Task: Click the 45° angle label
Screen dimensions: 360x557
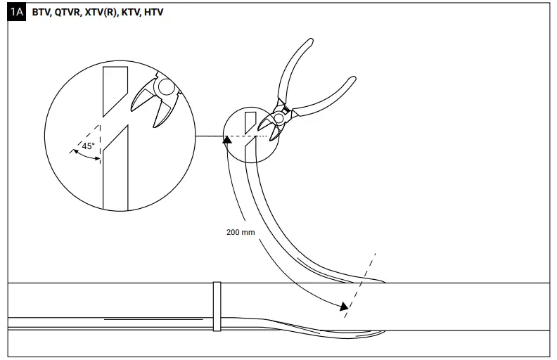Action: (x=88, y=146)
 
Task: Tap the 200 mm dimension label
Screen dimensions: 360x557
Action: (x=241, y=232)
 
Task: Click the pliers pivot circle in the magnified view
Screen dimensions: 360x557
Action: (x=165, y=86)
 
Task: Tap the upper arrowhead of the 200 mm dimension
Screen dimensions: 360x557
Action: (x=226, y=140)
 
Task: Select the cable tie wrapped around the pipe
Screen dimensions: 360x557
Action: (x=217, y=307)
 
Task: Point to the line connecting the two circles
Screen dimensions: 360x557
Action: (x=209, y=135)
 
